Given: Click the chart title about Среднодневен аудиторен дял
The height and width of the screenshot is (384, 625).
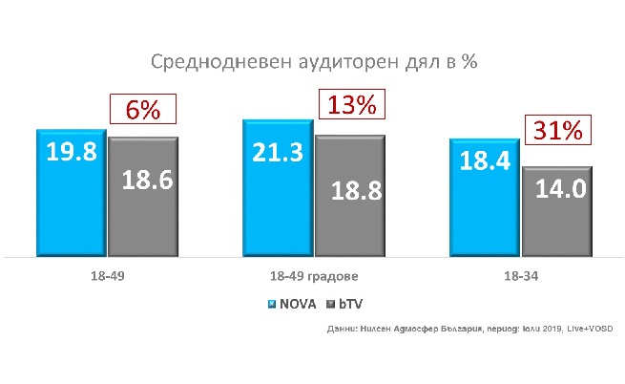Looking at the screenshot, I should pyautogui.click(x=314, y=63).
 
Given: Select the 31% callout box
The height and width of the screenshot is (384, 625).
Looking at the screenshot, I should pyautogui.click(x=557, y=130).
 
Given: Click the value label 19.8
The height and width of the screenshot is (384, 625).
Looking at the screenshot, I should pyautogui.click(x=72, y=152).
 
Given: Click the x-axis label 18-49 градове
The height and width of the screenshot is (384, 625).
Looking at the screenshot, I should pyautogui.click(x=313, y=277).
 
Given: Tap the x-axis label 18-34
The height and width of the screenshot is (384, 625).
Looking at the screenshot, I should pyautogui.click(x=520, y=277).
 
